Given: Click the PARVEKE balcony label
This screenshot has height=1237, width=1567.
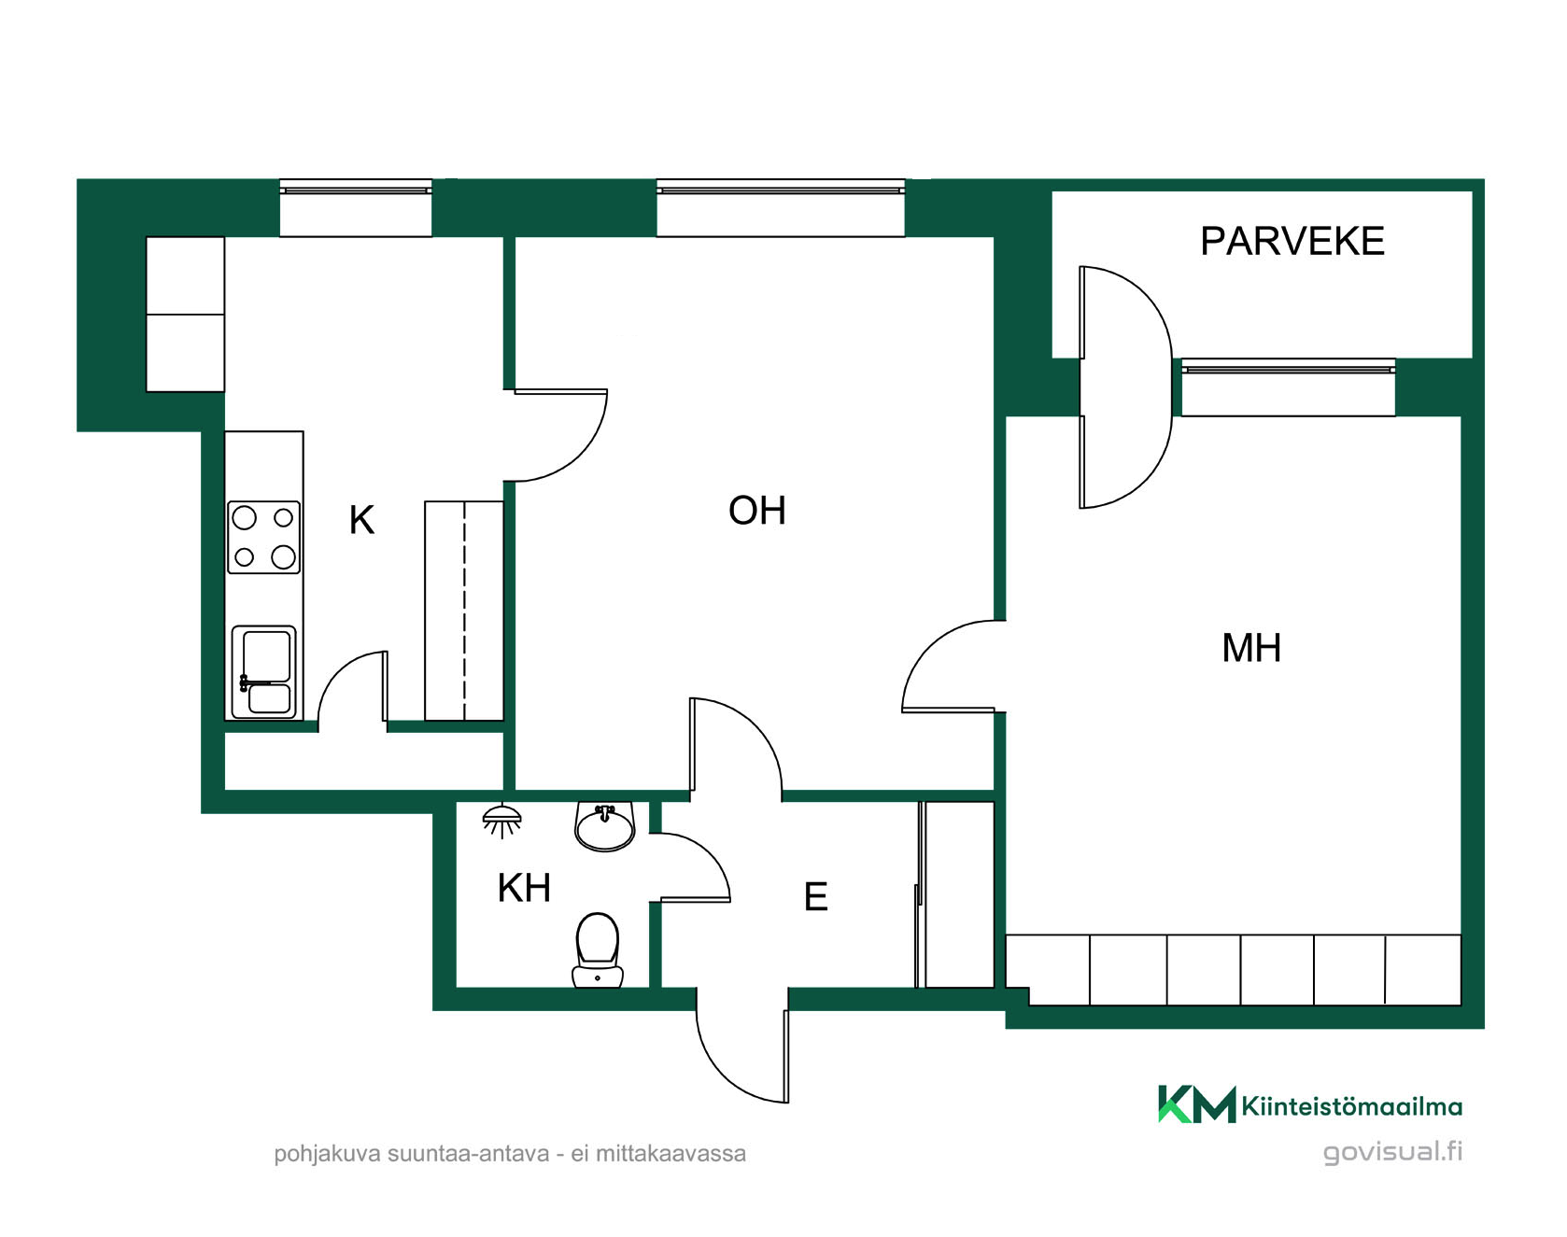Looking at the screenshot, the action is (1292, 241).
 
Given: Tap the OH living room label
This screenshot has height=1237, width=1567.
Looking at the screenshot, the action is (757, 511).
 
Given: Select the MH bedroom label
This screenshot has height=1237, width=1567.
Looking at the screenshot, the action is (1251, 648).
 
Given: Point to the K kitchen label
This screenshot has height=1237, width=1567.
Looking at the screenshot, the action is (361, 520).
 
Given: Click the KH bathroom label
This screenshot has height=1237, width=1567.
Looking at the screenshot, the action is (524, 888).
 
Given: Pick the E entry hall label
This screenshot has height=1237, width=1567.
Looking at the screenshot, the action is (816, 897).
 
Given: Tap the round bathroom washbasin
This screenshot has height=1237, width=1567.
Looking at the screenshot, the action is (605, 826).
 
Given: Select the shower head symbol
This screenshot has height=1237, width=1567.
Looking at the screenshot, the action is (501, 821).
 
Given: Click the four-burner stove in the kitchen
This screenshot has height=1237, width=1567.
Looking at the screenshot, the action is (264, 537).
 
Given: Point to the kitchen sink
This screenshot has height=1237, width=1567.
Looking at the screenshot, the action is (264, 672).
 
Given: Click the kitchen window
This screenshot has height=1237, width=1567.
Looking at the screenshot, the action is (356, 208).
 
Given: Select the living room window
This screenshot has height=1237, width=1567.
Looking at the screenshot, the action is (781, 208).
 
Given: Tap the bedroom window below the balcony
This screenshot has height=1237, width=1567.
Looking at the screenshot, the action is (1289, 387).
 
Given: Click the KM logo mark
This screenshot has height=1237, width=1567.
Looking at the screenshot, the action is (1196, 1104).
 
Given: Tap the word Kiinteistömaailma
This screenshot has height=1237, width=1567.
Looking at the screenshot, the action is (1352, 1107).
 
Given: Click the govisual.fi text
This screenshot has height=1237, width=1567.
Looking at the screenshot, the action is (1393, 1152).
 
